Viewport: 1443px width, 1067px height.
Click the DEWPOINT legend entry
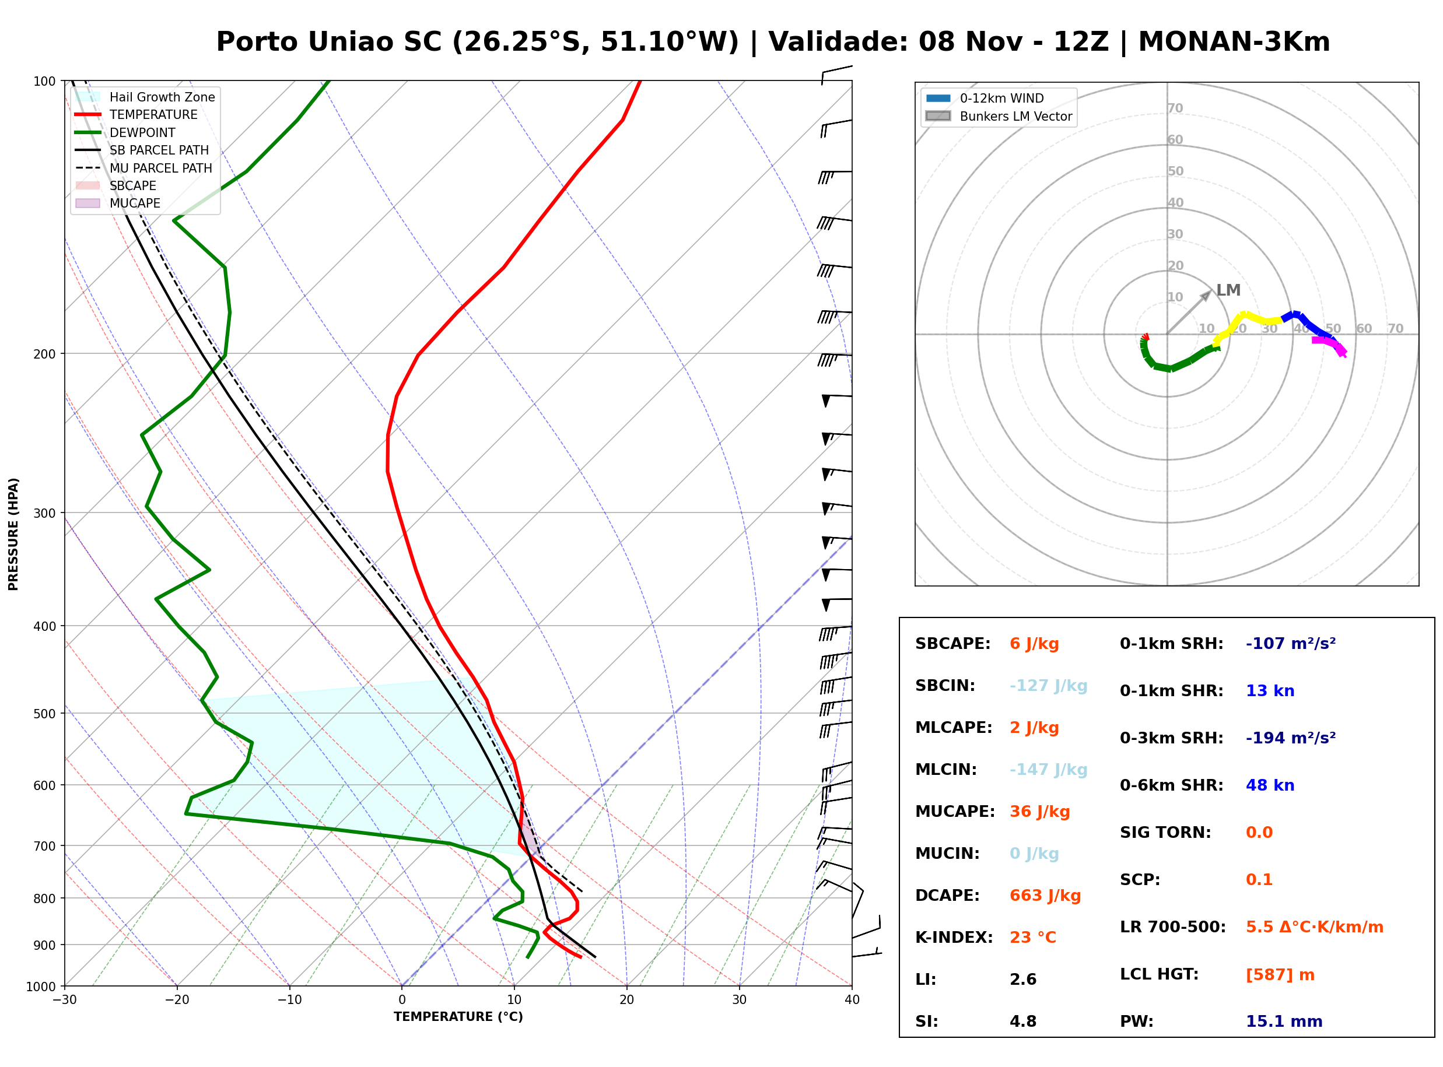pyautogui.click(x=142, y=132)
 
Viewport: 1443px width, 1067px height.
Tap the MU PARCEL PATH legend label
pyautogui.click(x=161, y=168)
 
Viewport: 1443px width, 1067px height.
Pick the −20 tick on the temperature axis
pyautogui.click(x=177, y=1000)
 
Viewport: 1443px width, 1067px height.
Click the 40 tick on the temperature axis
pyautogui.click(x=852, y=1000)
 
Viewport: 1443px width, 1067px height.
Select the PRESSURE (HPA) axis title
pyautogui.click(x=13, y=534)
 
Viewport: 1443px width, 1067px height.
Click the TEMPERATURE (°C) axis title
pyautogui.click(x=458, y=1017)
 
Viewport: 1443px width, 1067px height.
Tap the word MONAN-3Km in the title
pyautogui.click(x=1234, y=42)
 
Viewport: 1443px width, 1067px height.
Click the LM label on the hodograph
pyautogui.click(x=1228, y=290)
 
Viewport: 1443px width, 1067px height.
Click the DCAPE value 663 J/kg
pyautogui.click(x=1045, y=896)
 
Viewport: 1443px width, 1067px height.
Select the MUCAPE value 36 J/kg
pyautogui.click(x=1040, y=812)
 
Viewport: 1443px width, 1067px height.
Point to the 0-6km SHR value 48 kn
pyautogui.click(x=1270, y=785)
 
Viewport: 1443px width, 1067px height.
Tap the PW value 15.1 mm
pyautogui.click(x=1284, y=1022)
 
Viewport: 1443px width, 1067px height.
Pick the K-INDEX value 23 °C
pyautogui.click(x=1033, y=938)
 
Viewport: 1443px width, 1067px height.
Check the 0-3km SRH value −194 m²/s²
pyautogui.click(x=1291, y=738)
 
